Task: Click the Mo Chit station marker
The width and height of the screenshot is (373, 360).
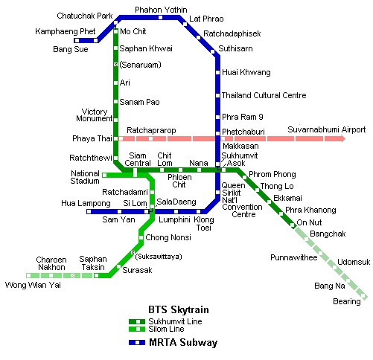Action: pyautogui.click(x=115, y=32)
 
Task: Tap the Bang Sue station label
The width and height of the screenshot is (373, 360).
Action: pyautogui.click(x=71, y=49)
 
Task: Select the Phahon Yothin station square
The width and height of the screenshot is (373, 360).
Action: pyautogui.click(x=161, y=17)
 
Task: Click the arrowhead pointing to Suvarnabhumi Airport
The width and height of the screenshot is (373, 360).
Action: pyautogui.click(x=342, y=138)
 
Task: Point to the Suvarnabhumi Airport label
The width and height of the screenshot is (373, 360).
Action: pyautogui.click(x=327, y=129)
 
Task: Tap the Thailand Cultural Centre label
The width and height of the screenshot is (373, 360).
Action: pyautogui.click(x=264, y=95)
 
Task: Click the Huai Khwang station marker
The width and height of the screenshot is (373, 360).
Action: pyautogui.click(x=217, y=72)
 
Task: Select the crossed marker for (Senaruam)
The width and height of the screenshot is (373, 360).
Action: pyautogui.click(x=115, y=65)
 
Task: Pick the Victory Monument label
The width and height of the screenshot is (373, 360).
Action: pyautogui.click(x=95, y=115)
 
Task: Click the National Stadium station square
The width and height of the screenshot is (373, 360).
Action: pyautogui.click(x=104, y=176)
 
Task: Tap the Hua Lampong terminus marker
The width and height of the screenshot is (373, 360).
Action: pyautogui.click(x=89, y=211)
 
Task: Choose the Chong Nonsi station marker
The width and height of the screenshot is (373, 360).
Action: pyautogui.click(x=141, y=237)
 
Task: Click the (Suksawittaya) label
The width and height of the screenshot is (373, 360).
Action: pyautogui.click(x=159, y=257)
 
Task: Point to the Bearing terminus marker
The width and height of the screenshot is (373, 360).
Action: pyautogui.click(x=363, y=296)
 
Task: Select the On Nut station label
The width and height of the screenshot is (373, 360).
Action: pyautogui.click(x=309, y=222)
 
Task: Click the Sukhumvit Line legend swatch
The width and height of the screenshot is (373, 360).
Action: pyautogui.click(x=137, y=321)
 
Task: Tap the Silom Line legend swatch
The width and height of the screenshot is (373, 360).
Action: pyautogui.click(x=137, y=330)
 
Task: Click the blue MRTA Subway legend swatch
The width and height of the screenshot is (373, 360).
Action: pyautogui.click(x=137, y=342)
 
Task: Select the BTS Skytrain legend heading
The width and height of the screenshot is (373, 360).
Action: pyautogui.click(x=179, y=310)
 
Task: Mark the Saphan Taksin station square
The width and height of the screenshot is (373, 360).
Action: pyautogui.click(x=96, y=275)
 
